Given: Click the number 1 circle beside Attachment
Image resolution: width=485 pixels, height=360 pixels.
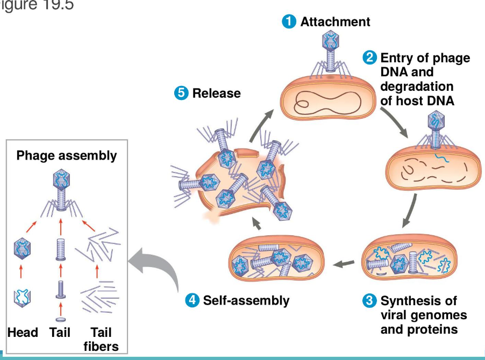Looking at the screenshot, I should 290,21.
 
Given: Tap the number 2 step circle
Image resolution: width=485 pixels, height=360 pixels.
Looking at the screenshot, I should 370,57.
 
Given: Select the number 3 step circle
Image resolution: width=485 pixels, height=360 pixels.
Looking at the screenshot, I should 370,300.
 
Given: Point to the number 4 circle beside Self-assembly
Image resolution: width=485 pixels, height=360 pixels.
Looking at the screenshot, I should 192,300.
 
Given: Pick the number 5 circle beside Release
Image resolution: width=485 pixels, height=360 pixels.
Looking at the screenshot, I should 181,93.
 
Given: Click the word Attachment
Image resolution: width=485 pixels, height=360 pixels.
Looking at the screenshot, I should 335,21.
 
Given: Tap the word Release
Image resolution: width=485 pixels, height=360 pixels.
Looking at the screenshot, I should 216,93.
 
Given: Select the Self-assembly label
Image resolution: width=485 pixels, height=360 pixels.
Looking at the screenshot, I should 246,300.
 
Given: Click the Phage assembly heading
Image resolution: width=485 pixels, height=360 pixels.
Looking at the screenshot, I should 67,156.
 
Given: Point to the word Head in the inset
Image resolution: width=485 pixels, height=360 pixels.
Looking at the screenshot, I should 23,333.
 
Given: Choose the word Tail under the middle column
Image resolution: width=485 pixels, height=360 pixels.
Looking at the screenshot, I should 60,333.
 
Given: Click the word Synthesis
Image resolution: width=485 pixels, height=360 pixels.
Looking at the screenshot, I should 411,300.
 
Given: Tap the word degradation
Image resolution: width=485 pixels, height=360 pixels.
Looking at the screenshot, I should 417,86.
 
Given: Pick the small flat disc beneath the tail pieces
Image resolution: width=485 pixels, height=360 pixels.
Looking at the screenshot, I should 60,320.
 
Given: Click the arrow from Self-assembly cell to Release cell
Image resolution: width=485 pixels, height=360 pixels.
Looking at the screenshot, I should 257,225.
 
